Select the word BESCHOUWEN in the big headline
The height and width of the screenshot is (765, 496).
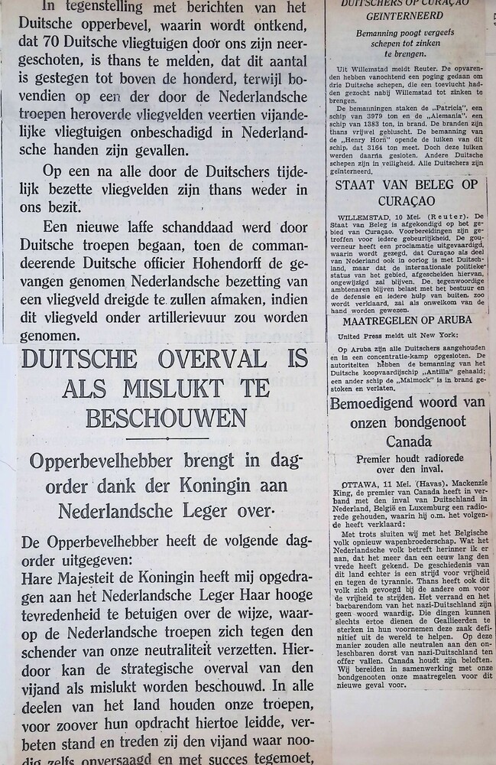[166, 418]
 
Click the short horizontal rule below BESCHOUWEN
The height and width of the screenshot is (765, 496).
[167, 439]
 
